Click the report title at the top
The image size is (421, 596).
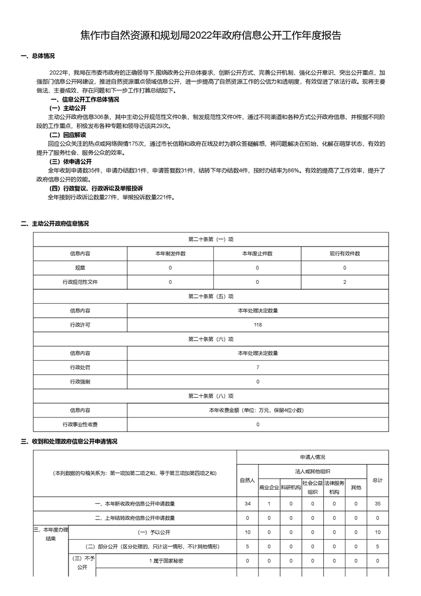click(210, 36)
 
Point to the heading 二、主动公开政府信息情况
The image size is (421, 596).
click(54, 224)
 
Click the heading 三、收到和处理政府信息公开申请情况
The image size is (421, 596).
click(68, 441)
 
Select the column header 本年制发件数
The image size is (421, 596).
click(170, 253)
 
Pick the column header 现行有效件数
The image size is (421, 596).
click(345, 253)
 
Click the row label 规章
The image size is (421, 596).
click(80, 268)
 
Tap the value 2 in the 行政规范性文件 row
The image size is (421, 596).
click(345, 282)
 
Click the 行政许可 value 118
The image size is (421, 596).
click(257, 325)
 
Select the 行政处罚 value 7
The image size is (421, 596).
click(257, 368)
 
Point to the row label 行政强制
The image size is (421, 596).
click(80, 381)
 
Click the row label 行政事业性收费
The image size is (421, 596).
click(80, 424)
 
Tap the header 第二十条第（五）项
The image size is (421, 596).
click(211, 296)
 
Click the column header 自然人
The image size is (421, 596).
click(247, 480)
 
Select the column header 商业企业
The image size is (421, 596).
click(269, 487)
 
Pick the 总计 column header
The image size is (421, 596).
click(377, 480)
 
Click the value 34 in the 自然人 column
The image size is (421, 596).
click(247, 503)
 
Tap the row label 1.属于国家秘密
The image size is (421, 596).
click(166, 560)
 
